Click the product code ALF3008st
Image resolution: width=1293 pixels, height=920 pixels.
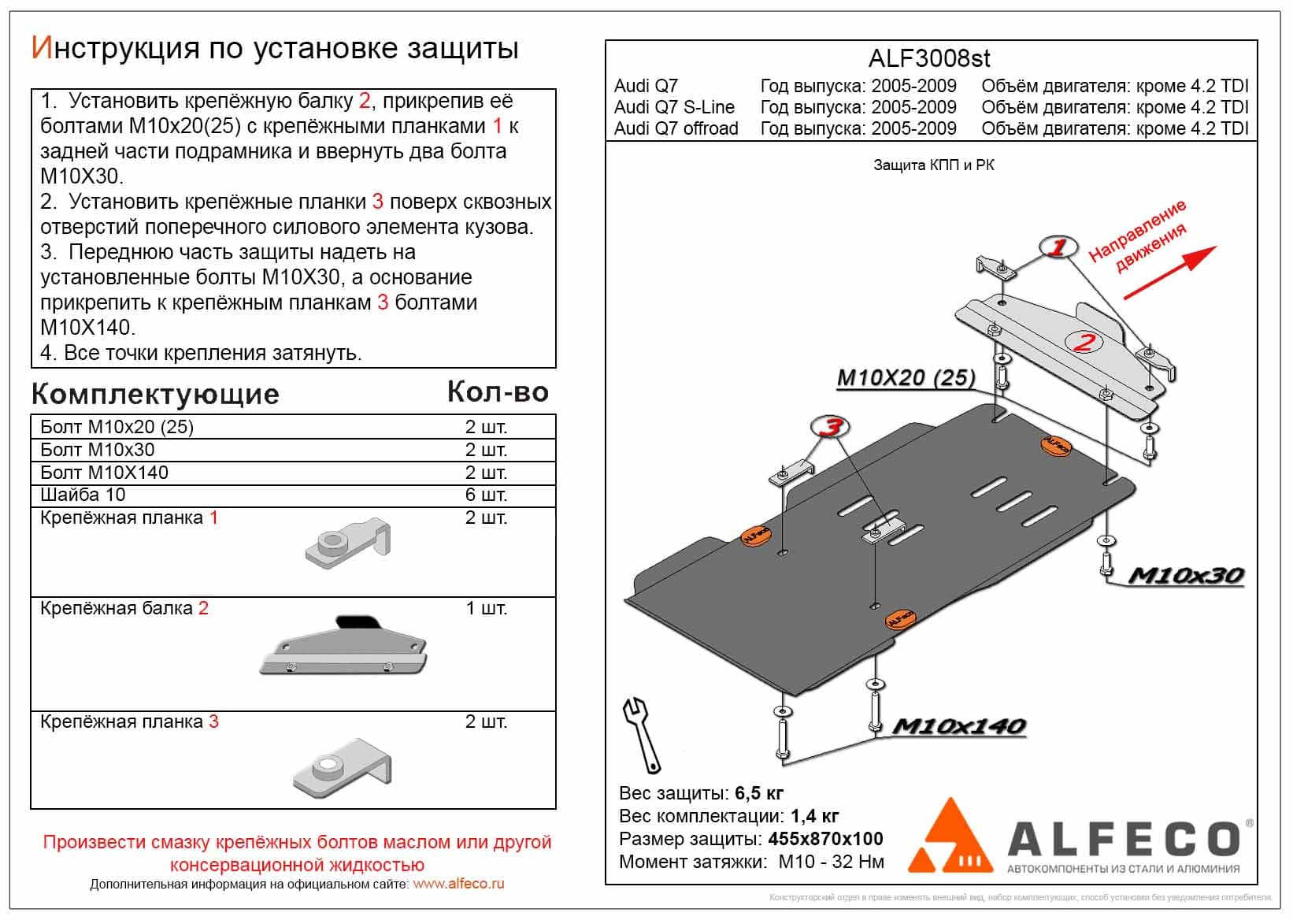pyautogui.click(x=929, y=59)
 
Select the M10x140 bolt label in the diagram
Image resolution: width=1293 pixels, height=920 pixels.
pyautogui.click(x=958, y=726)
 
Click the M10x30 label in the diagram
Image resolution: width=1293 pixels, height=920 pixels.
pyautogui.click(x=1186, y=576)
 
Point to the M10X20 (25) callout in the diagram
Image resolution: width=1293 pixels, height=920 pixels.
pyautogui.click(x=906, y=379)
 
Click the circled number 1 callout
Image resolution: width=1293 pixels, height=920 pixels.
pyautogui.click(x=1058, y=247)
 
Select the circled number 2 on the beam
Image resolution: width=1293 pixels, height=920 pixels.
pyautogui.click(x=1084, y=342)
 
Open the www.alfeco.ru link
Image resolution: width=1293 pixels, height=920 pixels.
pyautogui.click(x=458, y=884)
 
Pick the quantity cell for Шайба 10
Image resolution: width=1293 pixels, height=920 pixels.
pyautogui.click(x=486, y=495)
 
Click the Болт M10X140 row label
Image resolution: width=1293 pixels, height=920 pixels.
pyautogui.click(x=105, y=473)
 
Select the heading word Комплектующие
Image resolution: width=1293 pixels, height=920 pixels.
pyautogui.click(x=155, y=394)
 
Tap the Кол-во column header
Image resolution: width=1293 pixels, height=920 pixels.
pyautogui.click(x=498, y=392)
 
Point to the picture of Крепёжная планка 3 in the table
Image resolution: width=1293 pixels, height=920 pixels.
pyautogui.click(x=343, y=766)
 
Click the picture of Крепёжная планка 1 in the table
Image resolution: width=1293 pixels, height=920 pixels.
pyautogui.click(x=347, y=543)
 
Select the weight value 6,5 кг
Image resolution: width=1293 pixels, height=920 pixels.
pyautogui.click(x=759, y=793)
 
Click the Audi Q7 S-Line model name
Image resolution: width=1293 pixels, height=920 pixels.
pyautogui.click(x=674, y=107)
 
